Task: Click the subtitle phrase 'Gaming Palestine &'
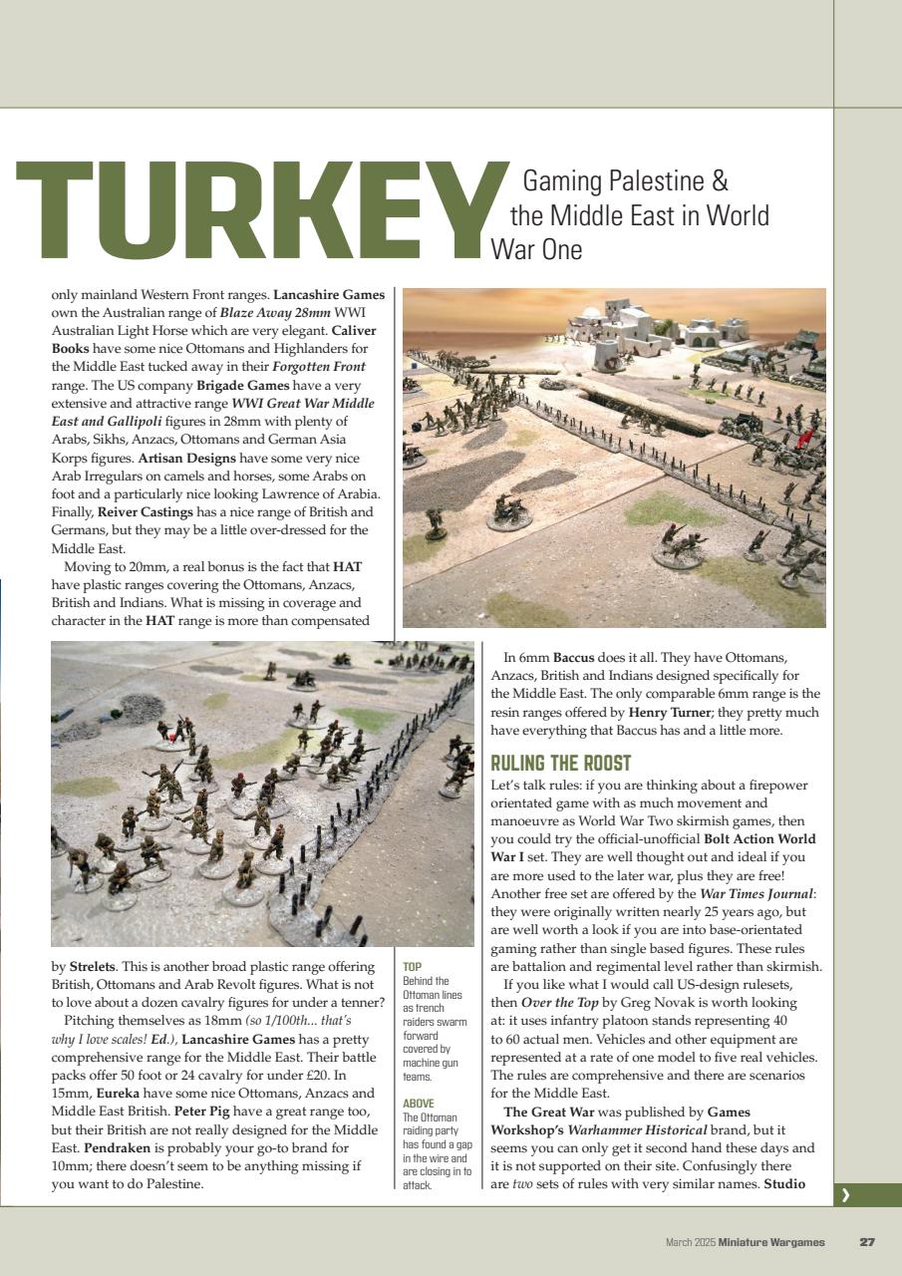coord(625,181)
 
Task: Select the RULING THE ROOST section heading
coord(561,764)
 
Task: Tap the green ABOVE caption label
coord(418,1104)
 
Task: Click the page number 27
coord(867,1242)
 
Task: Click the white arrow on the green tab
coord(845,1194)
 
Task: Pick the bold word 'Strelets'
coord(92,967)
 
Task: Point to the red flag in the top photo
coord(802,439)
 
